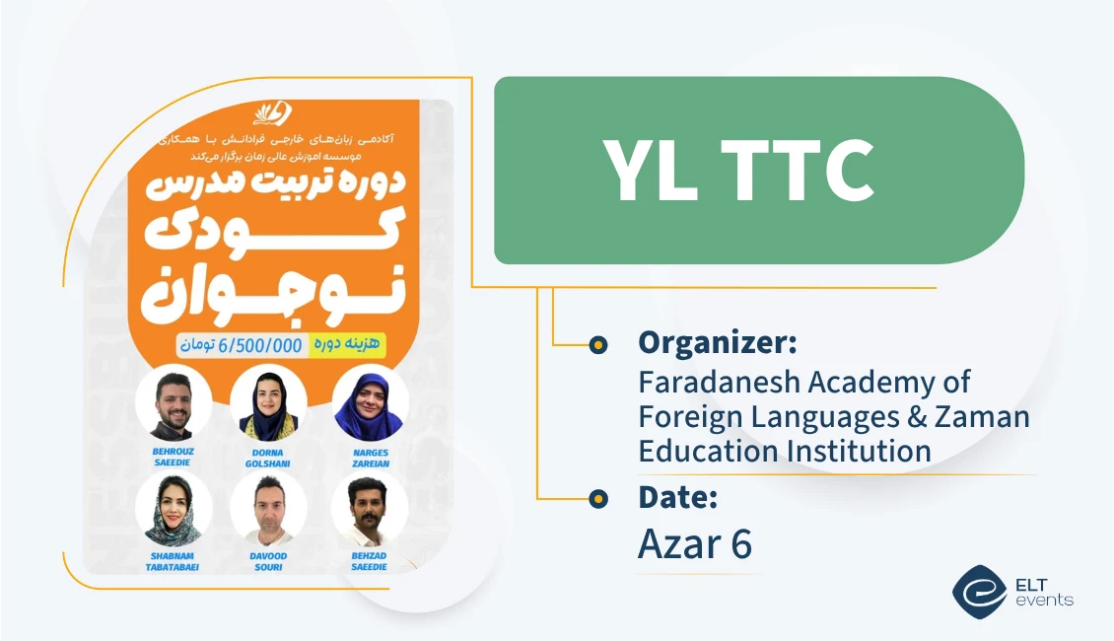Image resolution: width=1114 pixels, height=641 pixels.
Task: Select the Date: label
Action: pos(677,498)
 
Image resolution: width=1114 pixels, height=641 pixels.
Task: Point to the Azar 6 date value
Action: pos(695,543)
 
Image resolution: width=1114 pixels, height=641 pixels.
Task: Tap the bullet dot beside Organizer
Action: pos(597,344)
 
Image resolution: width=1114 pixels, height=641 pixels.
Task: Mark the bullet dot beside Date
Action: pos(597,499)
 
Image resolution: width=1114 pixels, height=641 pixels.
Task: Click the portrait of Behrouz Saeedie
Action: pos(174,402)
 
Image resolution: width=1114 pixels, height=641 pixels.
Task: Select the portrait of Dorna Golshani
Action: pos(268,402)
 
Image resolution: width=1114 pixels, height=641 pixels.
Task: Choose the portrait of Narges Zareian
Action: pos(370,402)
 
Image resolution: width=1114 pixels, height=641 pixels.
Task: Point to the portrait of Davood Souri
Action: pos(268,510)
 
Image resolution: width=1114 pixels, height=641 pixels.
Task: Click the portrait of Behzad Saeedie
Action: pos(370,509)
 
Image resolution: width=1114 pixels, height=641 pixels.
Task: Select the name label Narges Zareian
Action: pos(370,458)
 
